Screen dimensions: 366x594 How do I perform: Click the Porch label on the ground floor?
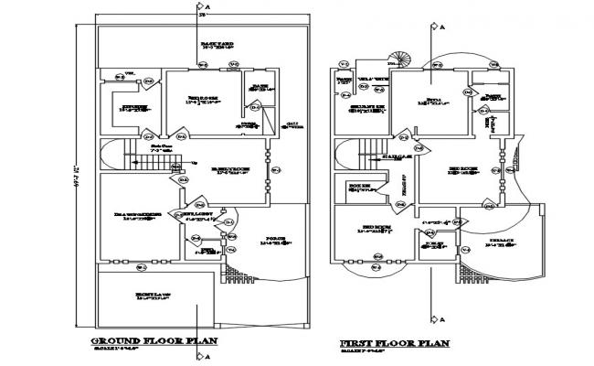coord(274,241)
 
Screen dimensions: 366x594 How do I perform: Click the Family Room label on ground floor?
coord(226,170)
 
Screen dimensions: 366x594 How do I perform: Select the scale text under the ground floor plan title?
coord(141,350)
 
